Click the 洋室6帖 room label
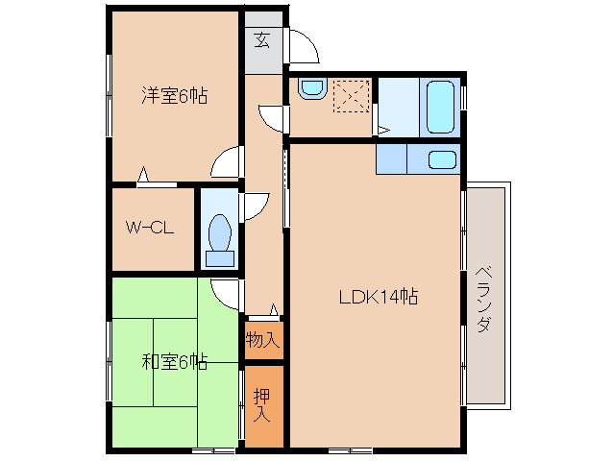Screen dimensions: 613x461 (174, 95)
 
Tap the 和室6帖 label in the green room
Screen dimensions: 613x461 (174, 362)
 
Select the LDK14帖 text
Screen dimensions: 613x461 (379, 297)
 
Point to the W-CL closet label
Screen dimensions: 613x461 (150, 228)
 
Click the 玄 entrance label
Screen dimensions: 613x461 (262, 39)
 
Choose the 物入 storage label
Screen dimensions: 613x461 (263, 340)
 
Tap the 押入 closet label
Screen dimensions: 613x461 (262, 405)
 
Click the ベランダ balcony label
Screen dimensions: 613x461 (484, 299)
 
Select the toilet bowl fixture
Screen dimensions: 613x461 (220, 240)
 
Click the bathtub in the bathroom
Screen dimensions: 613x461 (441, 107)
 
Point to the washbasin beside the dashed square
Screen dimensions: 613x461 (312, 88)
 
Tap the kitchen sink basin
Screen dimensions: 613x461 (442, 159)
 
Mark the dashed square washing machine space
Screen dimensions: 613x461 (352, 96)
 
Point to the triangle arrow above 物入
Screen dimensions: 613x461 (275, 309)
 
